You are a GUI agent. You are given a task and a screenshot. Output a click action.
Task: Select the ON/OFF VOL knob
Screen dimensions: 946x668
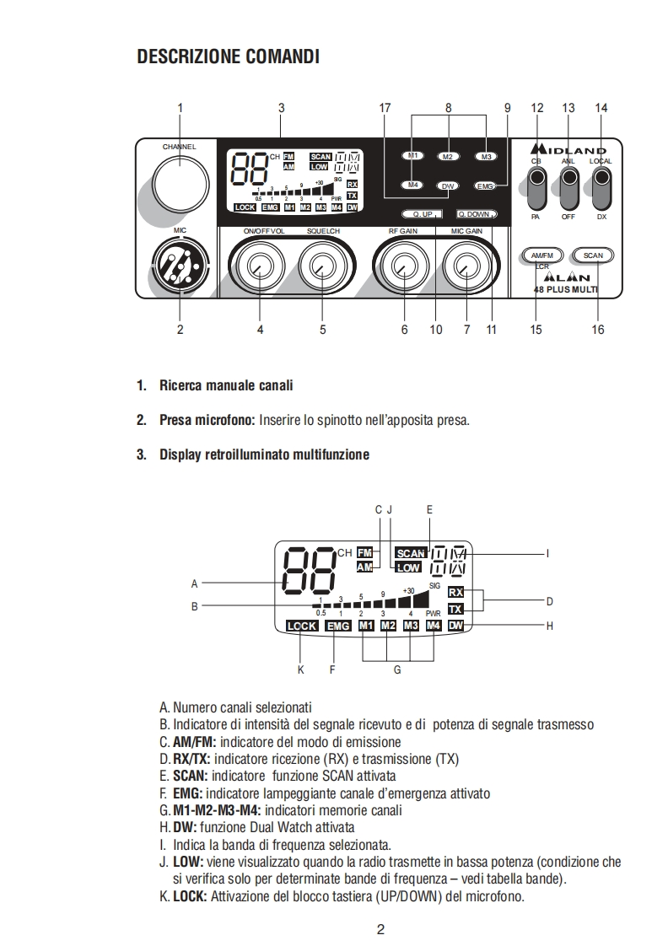tap(256, 268)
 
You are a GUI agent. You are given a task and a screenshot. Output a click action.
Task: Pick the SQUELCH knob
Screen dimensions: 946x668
tap(321, 268)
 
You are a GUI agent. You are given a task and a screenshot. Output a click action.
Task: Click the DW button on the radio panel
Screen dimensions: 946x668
tap(448, 185)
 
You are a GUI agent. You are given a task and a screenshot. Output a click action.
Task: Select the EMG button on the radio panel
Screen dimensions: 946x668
tap(485, 185)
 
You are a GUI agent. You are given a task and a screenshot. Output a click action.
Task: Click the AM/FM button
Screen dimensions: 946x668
tap(541, 255)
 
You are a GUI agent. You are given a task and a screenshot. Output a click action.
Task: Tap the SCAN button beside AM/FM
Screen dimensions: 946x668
tap(592, 255)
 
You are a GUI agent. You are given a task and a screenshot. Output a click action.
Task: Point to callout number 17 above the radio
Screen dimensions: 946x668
tap(385, 108)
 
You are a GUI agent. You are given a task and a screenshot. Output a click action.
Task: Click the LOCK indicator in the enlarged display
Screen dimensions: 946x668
tap(302, 626)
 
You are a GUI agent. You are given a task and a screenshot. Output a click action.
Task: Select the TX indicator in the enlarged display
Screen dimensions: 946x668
tap(455, 609)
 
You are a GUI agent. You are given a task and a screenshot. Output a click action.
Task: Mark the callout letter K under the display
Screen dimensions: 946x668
tap(300, 670)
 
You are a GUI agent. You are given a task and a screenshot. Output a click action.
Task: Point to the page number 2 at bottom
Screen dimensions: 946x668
tap(380, 930)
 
